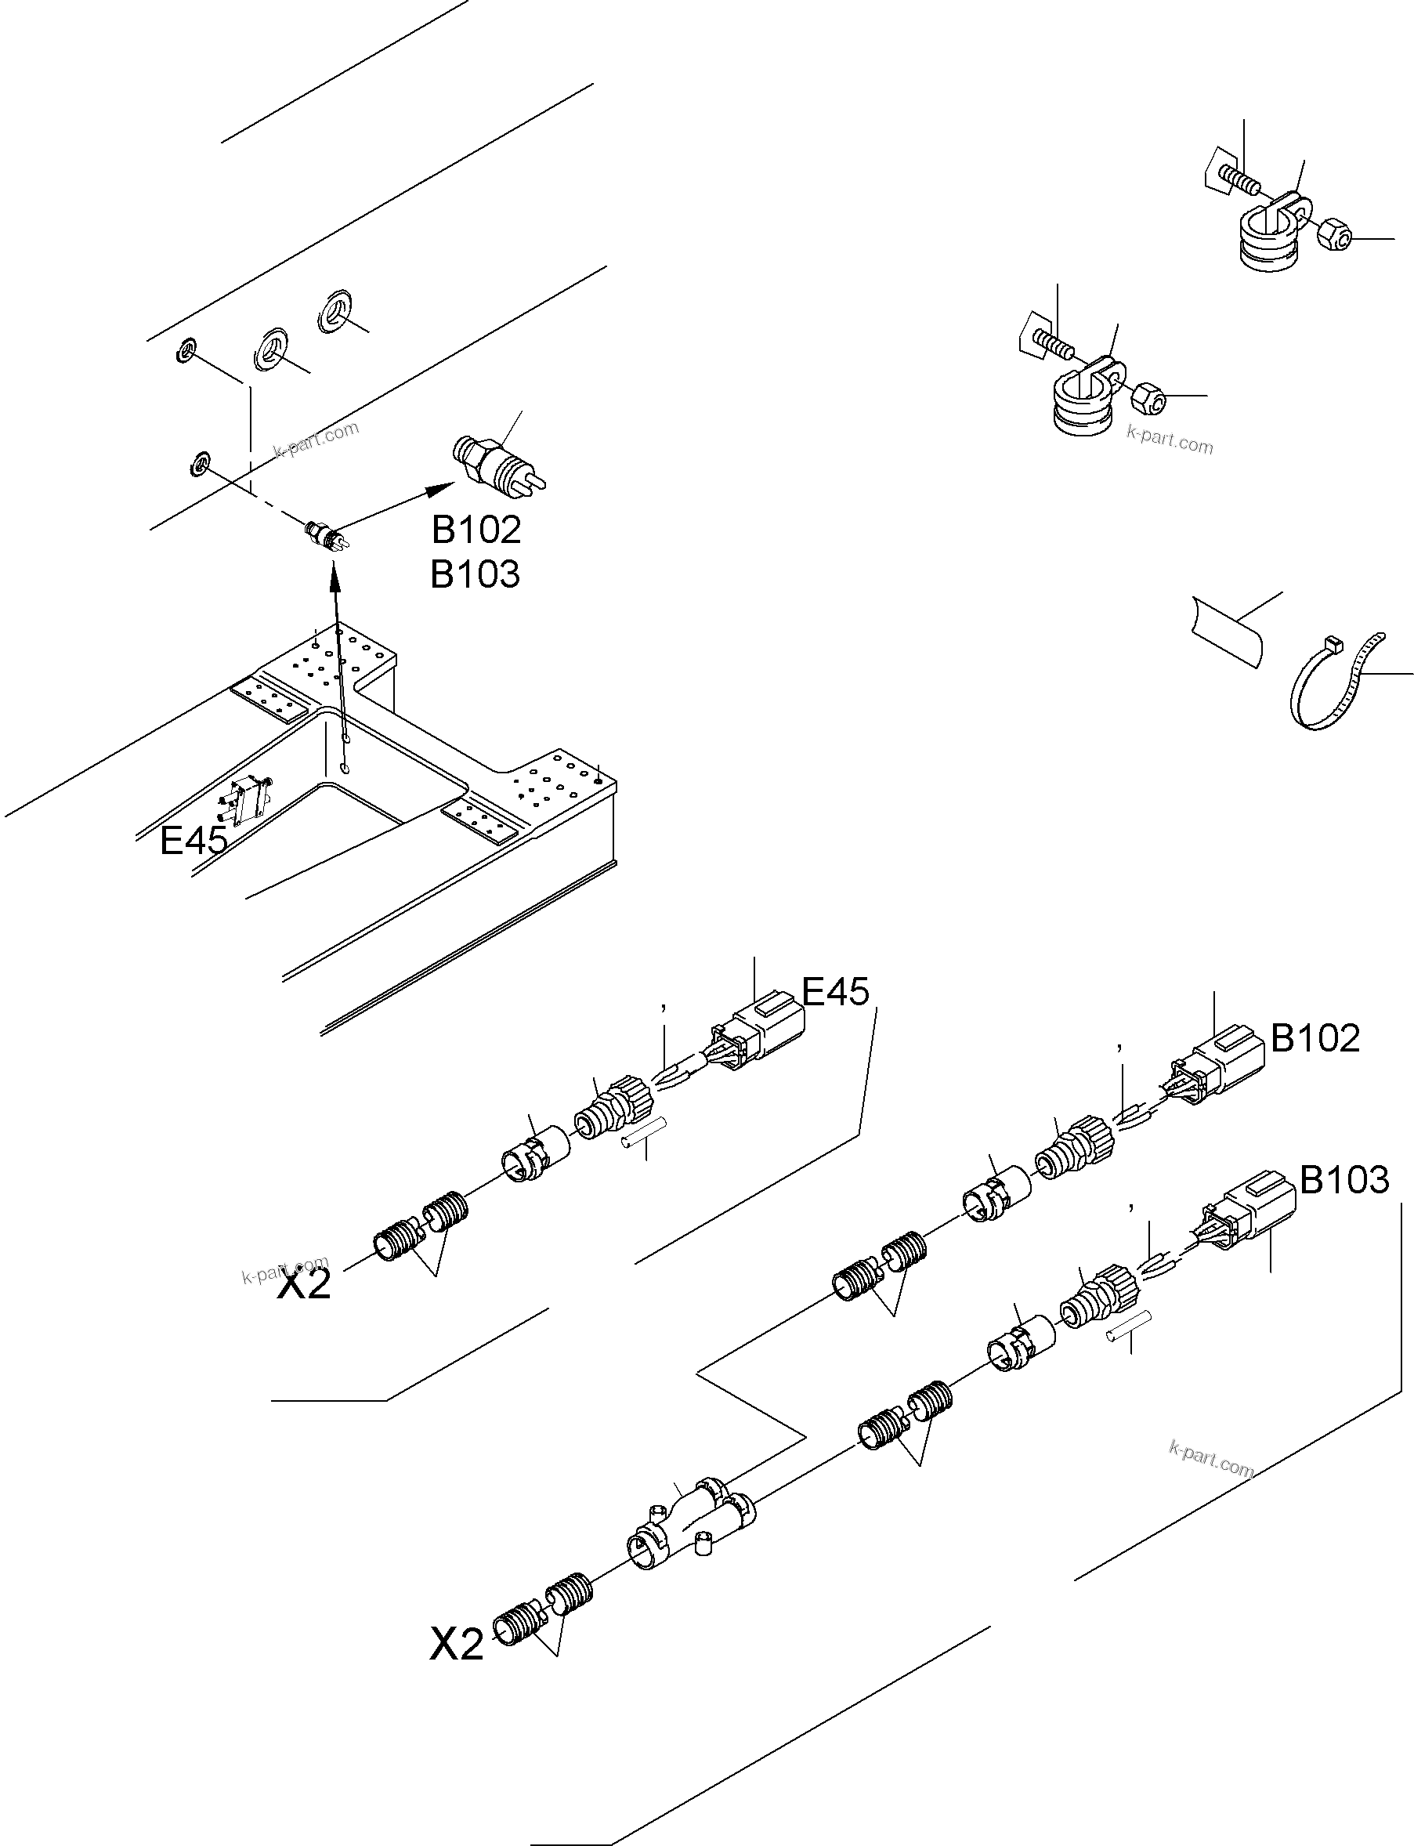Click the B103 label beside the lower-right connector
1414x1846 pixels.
coord(1343,1180)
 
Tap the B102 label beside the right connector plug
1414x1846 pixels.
coord(1315,1038)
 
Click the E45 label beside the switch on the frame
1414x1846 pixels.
coord(193,839)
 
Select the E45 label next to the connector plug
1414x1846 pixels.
coord(835,992)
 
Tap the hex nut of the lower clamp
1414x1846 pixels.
coord(1148,397)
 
